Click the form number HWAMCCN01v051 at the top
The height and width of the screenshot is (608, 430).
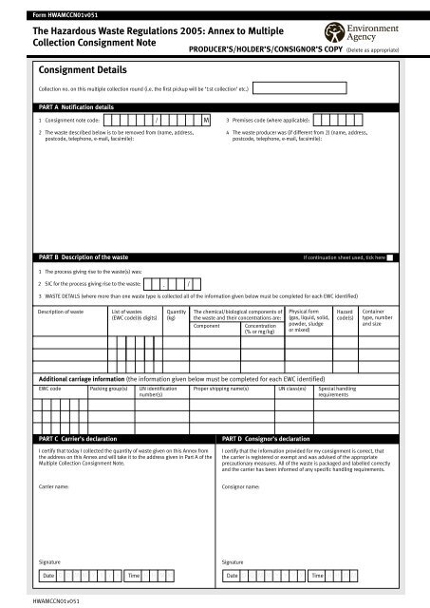(x=57, y=15)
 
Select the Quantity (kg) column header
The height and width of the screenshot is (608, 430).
(x=176, y=314)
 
